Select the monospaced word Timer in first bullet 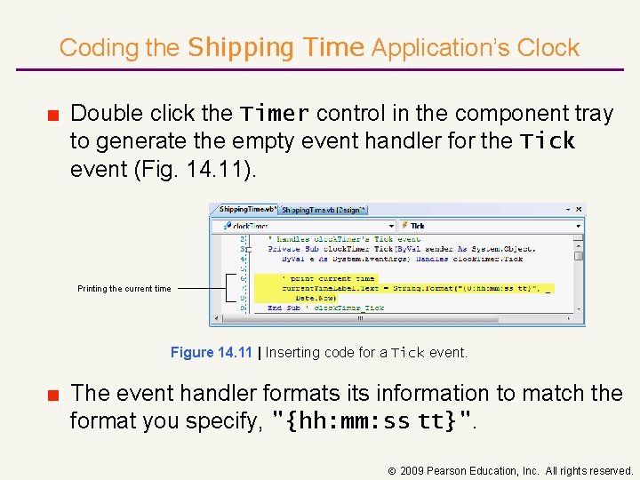pyautogui.click(x=275, y=114)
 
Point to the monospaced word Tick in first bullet pyautogui.click(x=548, y=141)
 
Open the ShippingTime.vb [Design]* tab pyautogui.click(x=323, y=210)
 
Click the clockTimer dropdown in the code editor pyautogui.click(x=302, y=226)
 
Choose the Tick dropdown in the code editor pyautogui.click(x=489, y=226)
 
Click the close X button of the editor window pyautogui.click(x=579, y=210)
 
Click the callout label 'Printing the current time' pyautogui.click(x=124, y=288)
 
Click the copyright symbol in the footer pyautogui.click(x=392, y=470)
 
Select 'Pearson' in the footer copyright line pyautogui.click(x=449, y=470)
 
